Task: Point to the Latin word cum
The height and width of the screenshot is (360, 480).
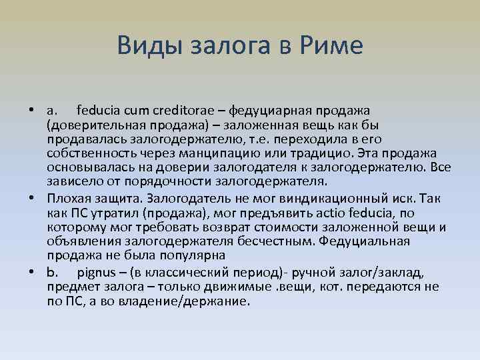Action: [137, 109]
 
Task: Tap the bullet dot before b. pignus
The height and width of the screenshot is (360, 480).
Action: [32, 271]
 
